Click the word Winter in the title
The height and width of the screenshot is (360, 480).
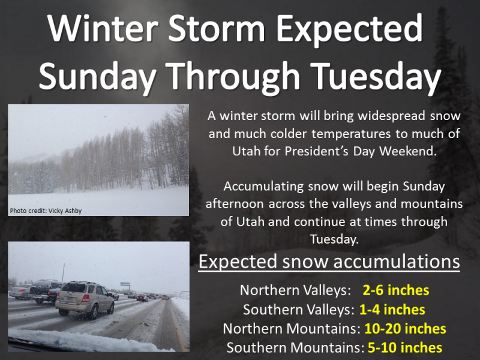coord(103,28)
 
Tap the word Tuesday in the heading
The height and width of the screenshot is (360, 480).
coord(378,77)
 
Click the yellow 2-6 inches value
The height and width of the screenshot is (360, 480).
coord(396,290)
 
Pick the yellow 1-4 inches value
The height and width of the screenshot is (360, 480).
coord(392,310)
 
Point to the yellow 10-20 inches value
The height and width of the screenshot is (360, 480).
coord(405,329)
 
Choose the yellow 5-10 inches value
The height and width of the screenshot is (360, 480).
coord(404,348)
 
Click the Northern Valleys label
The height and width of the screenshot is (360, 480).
coord(295,290)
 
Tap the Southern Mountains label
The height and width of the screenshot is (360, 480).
coord(295,348)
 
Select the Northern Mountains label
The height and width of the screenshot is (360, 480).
coord(292,329)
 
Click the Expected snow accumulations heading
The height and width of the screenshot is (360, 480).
coord(329,262)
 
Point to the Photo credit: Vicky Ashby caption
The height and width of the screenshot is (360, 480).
coord(46,211)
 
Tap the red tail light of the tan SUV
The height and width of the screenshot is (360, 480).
coord(85,298)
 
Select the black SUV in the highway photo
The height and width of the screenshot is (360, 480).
coord(46,291)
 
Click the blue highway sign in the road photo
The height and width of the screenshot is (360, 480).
coord(125,284)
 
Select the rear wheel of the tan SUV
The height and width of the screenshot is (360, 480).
coord(94,311)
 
